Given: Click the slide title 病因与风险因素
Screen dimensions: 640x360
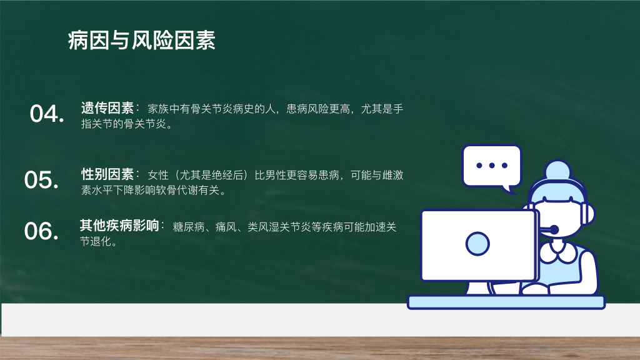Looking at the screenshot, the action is pos(142,41).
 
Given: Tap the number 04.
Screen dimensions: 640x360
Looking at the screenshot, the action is pos(47,114).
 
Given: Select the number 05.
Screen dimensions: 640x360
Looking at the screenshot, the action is pos(42,179).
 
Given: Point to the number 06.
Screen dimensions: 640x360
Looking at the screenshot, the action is pos(42,231).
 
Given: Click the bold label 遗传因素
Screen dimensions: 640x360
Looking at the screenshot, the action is pos(107,108).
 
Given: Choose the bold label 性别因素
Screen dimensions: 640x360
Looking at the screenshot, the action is pos(107,174).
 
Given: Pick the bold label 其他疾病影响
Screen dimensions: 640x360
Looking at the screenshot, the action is pos(119,225).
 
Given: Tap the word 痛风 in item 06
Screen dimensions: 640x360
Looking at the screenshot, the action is pos(226,227).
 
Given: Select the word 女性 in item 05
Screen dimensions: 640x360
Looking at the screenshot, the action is pos(158,175).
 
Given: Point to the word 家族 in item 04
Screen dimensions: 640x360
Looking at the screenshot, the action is pos(158,109).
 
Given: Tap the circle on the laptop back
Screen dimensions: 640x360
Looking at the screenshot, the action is pos(477,244).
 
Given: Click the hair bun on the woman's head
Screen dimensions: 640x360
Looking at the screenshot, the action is pos(557,170).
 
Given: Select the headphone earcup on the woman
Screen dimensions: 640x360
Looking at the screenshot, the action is pos(587,213).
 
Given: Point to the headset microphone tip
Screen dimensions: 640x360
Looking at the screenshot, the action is pos(554,230).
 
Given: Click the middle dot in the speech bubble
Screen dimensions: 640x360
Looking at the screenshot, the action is pos(492,165).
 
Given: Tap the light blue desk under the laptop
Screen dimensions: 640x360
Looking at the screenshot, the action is pos(506,302).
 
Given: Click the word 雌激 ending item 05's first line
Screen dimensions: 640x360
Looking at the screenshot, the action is pos(392,175).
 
